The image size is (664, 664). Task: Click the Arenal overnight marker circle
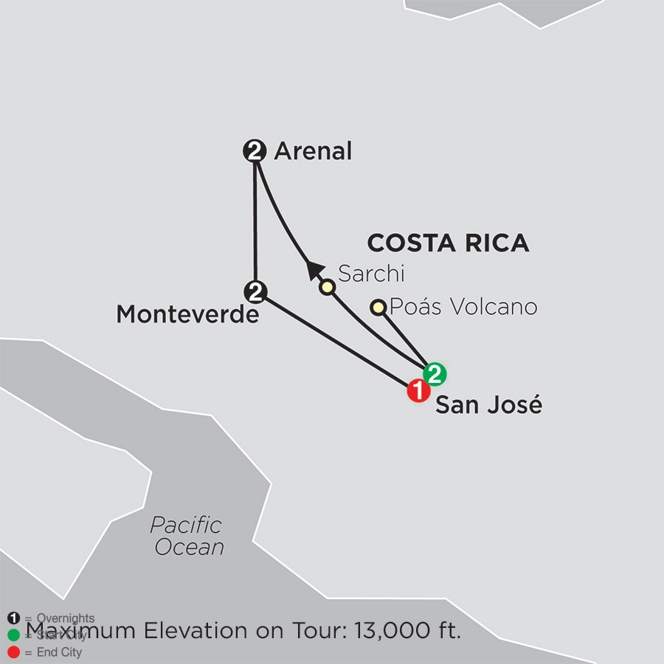coord(255,153)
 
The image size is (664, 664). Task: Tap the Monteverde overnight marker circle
coord(255,291)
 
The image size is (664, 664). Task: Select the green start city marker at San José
coord(435,374)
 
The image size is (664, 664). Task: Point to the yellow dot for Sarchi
coord(327,287)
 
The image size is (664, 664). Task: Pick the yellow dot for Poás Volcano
coord(378,307)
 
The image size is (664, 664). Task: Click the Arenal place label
coord(313,152)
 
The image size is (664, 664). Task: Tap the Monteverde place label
coord(188,316)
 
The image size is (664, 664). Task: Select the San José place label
coord(488,405)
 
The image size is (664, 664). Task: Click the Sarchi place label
coord(372,274)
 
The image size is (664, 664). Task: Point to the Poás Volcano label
coord(463,306)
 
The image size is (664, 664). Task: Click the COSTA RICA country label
coord(448,243)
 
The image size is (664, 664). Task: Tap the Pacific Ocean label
coord(187,536)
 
